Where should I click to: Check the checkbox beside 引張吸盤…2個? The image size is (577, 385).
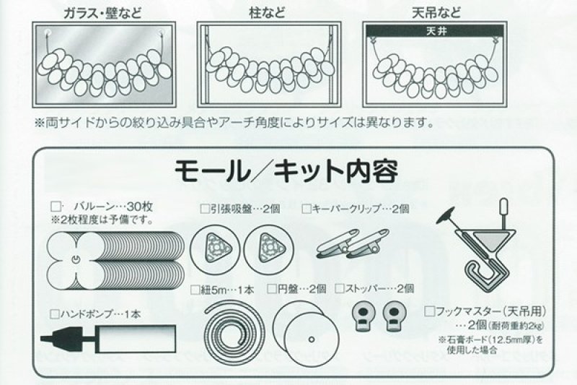204,209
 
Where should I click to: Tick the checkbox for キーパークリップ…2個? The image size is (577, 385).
307,209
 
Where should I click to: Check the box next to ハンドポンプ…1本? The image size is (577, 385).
55,314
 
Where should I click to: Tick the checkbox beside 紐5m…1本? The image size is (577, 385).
195,289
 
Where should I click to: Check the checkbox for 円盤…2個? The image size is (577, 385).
272,289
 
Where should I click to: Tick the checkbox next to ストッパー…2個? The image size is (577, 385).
338,289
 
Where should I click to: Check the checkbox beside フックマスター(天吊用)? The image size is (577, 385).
430,312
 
